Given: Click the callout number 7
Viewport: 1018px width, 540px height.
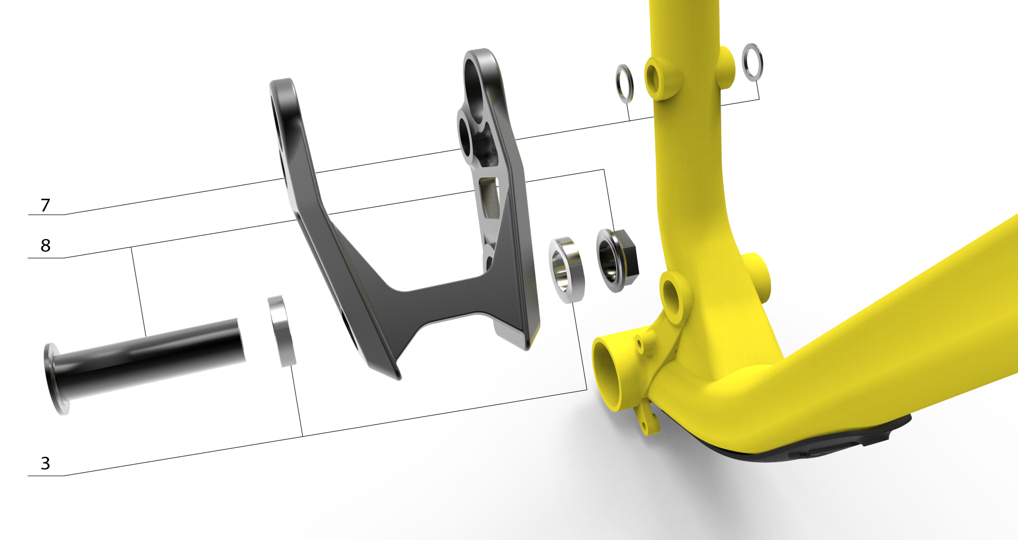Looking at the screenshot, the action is pyautogui.click(x=45, y=205).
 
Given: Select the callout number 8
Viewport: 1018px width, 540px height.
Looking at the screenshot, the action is pyautogui.click(x=46, y=245).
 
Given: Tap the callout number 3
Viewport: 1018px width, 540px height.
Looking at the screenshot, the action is pyautogui.click(x=46, y=464).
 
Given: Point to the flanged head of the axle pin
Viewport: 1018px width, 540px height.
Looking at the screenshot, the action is pyautogui.click(x=56, y=379).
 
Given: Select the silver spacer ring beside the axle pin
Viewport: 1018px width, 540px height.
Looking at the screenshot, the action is pyautogui.click(x=282, y=331).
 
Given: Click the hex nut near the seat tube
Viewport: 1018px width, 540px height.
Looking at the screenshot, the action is pyautogui.click(x=617, y=260).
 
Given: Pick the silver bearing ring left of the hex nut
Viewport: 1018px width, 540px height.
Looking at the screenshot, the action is pyautogui.click(x=567, y=270).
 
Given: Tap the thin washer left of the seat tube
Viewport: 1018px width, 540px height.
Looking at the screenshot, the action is pyautogui.click(x=625, y=83).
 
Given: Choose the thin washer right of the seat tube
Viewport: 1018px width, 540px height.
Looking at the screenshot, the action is pyautogui.click(x=752, y=63).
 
